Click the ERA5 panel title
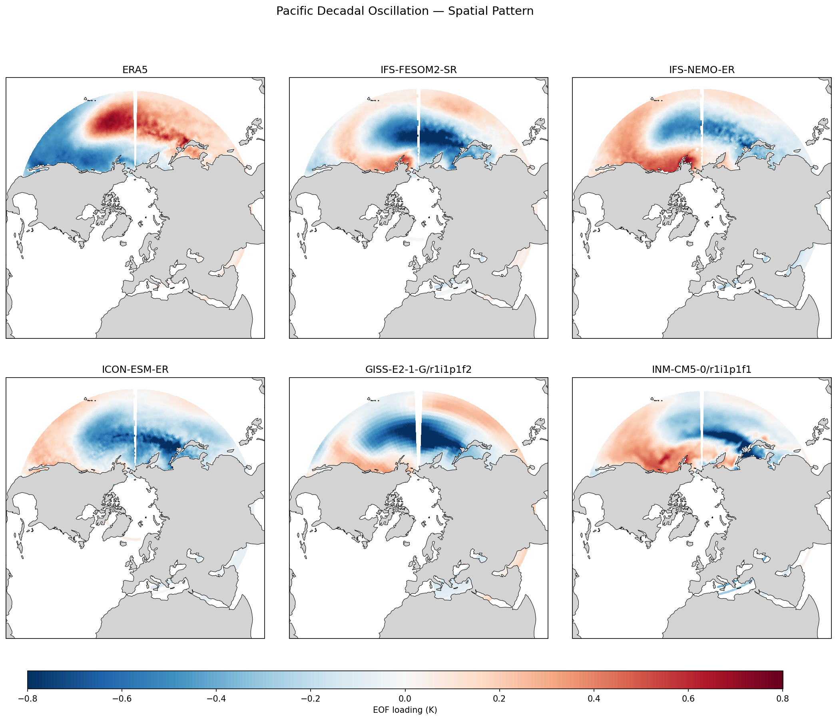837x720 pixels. (135, 70)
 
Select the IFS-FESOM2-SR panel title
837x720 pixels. (418, 70)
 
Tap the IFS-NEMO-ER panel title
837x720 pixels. (701, 70)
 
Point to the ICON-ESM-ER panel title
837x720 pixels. (135, 370)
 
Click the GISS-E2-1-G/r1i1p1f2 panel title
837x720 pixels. (418, 370)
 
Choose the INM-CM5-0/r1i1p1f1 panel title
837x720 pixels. (701, 370)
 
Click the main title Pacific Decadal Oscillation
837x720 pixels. (405, 11)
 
